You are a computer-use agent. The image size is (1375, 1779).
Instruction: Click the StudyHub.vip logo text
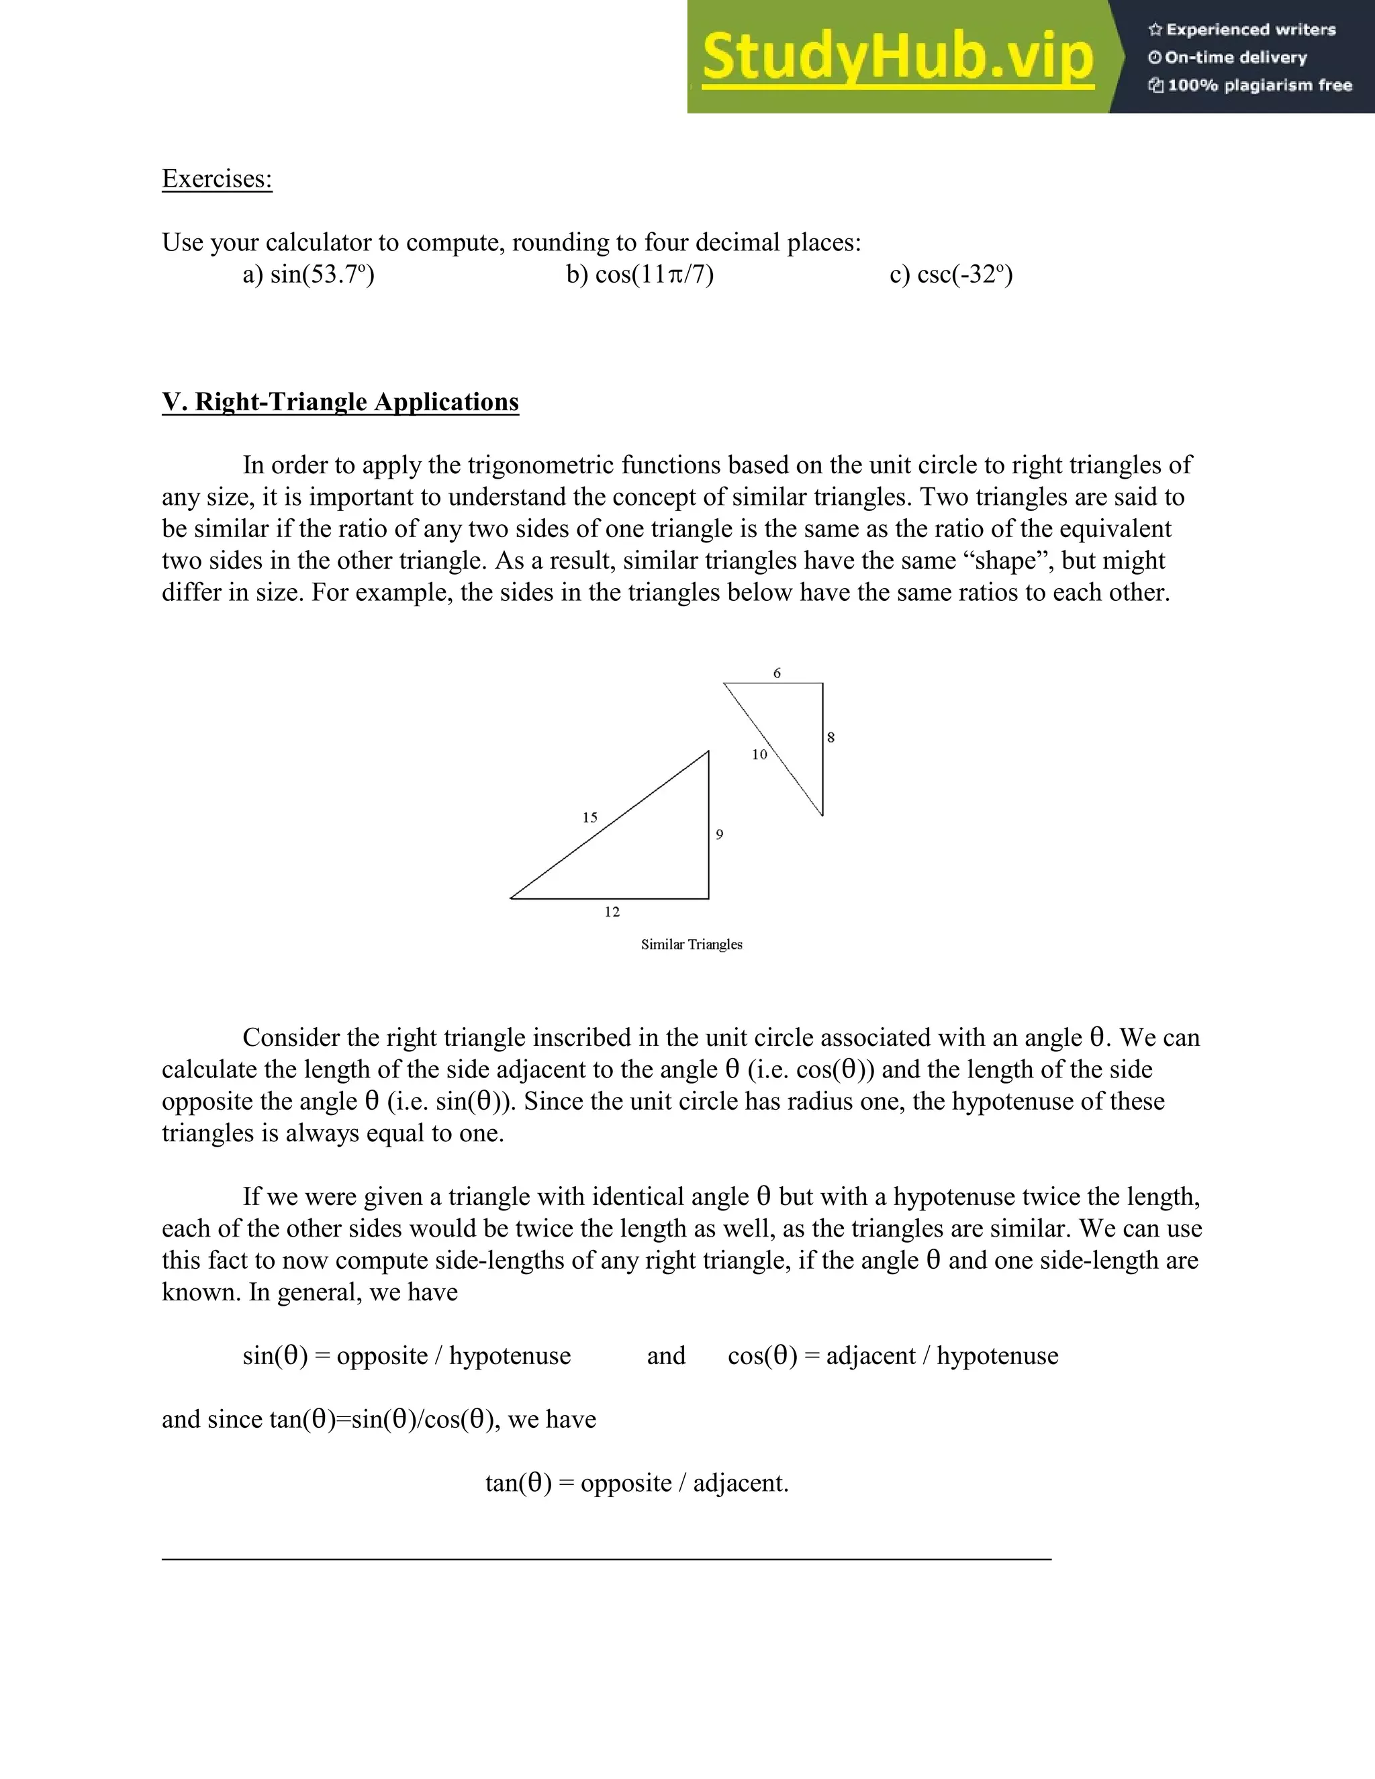898,57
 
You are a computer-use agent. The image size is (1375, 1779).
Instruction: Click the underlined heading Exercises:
217,179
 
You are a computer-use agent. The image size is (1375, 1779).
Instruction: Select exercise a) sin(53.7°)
309,275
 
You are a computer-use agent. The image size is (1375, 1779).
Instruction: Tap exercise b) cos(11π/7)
641,275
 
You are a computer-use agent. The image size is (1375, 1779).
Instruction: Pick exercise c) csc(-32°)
951,275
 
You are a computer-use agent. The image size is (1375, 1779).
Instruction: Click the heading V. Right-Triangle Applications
340,401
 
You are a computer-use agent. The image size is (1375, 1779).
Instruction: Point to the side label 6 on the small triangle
777,673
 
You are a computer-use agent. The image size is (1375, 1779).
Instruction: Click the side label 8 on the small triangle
831,737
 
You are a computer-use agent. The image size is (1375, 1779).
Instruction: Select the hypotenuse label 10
759,755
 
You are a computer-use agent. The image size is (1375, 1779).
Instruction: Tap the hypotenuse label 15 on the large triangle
589,817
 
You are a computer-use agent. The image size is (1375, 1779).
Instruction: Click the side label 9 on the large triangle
719,834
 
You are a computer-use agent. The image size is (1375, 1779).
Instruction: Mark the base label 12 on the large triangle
612,912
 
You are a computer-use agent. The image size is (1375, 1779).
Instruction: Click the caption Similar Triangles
692,945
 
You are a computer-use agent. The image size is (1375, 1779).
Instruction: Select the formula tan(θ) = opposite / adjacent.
637,1482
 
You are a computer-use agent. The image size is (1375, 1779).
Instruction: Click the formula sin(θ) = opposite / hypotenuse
406,1355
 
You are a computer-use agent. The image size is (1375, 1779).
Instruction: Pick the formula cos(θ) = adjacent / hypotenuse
893,1355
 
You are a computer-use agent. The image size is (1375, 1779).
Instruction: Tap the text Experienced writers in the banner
1250,30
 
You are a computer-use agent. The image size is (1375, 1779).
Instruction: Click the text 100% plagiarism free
1260,85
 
